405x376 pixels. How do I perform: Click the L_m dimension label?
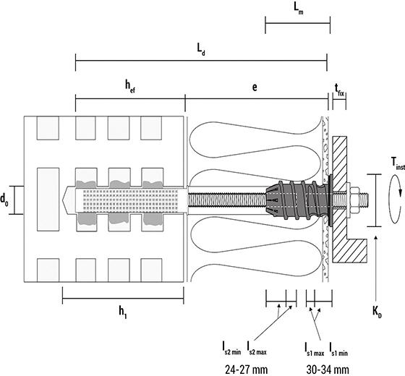tap(299, 9)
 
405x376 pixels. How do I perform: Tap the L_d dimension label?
tap(201, 49)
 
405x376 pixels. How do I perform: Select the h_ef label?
tap(130, 86)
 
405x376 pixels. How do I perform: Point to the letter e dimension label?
tap(255, 87)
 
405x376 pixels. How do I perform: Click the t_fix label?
tap(339, 90)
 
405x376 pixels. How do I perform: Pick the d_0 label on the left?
tap(4, 200)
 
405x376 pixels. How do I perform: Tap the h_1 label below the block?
tap(123, 312)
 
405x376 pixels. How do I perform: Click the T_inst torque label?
tap(398, 163)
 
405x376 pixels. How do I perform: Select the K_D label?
tap(377, 312)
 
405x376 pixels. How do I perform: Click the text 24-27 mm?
tap(246, 369)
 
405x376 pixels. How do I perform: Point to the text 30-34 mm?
tap(328, 369)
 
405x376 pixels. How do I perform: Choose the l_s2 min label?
tap(231, 349)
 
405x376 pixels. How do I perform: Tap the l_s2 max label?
tap(257, 349)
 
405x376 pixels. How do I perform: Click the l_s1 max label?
tap(314, 349)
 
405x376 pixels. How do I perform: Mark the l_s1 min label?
tap(338, 349)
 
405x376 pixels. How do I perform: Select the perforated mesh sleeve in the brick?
tap(131, 200)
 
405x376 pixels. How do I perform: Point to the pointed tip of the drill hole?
tap(63, 200)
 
